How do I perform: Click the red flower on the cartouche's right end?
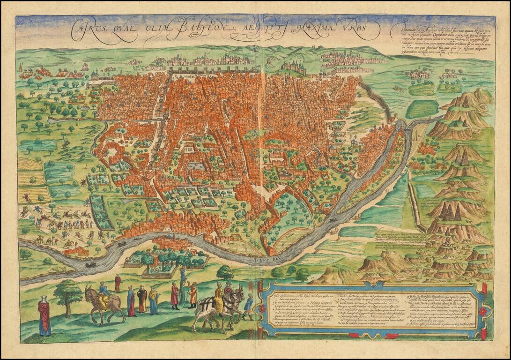pyautogui.click(x=483, y=310)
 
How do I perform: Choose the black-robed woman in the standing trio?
pyautogui.click(x=142, y=300)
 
